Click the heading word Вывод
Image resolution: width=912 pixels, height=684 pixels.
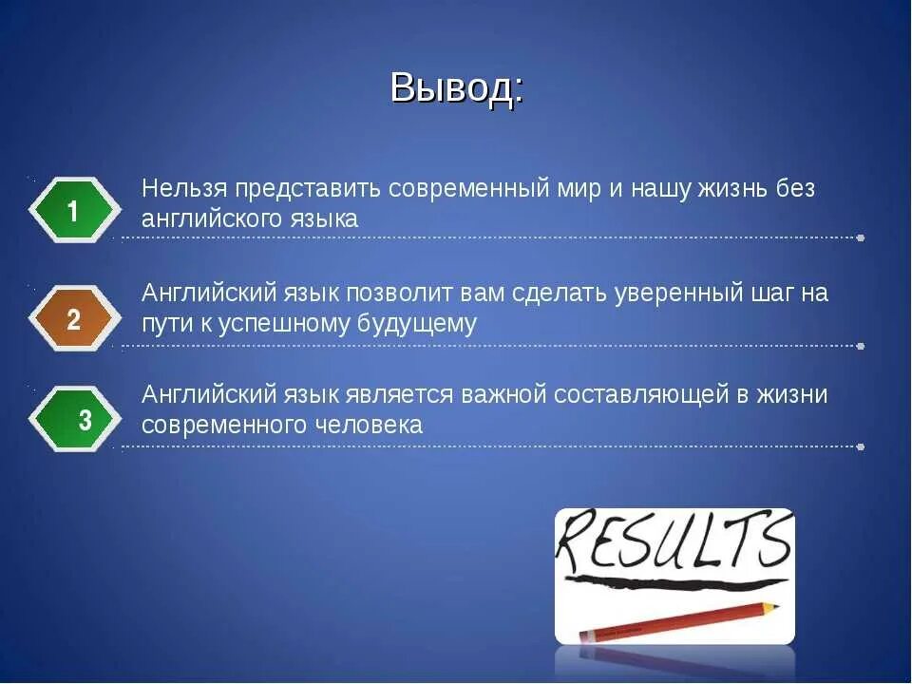(x=455, y=87)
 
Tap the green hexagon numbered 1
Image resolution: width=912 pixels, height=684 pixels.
(x=74, y=211)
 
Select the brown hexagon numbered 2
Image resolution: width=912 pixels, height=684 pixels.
(x=74, y=320)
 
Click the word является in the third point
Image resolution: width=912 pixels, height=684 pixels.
(x=407, y=394)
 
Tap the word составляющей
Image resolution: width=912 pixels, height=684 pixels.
(x=635, y=394)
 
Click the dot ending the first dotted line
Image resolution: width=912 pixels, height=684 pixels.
(x=860, y=238)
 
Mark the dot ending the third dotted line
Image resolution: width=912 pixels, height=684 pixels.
(x=860, y=446)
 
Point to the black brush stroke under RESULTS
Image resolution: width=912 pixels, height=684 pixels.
(x=674, y=580)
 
